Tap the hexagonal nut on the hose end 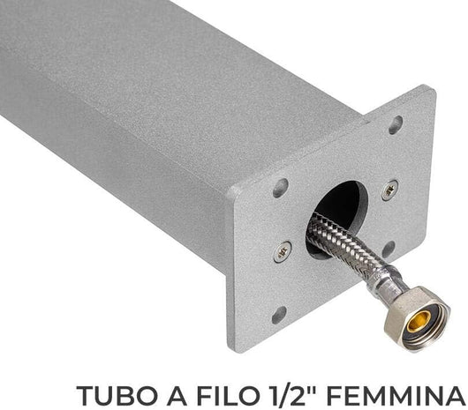(x=416, y=318)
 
